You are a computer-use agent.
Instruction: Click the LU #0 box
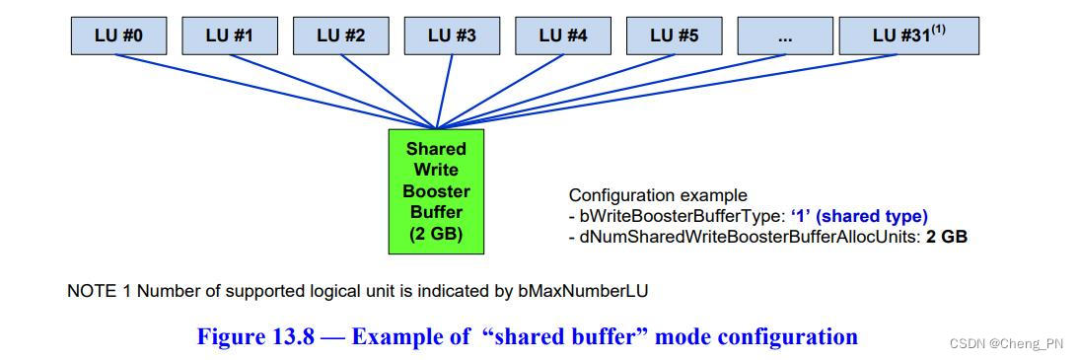[x=119, y=36]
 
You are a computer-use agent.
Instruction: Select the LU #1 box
[x=230, y=36]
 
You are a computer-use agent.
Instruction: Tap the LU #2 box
[x=341, y=36]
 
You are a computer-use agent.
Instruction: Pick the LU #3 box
[x=452, y=36]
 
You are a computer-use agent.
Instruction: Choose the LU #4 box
[x=563, y=36]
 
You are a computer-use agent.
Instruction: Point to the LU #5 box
[x=675, y=36]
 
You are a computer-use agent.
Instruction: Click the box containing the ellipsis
[x=785, y=36]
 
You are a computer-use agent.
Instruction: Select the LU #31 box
[x=907, y=36]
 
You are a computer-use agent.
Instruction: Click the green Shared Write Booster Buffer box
[x=436, y=190]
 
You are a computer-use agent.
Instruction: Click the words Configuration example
[x=658, y=195]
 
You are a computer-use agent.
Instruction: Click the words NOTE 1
[x=95, y=291]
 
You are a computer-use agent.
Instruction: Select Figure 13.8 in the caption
[x=255, y=336]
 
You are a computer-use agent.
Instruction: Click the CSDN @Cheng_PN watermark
[x=1006, y=342]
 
